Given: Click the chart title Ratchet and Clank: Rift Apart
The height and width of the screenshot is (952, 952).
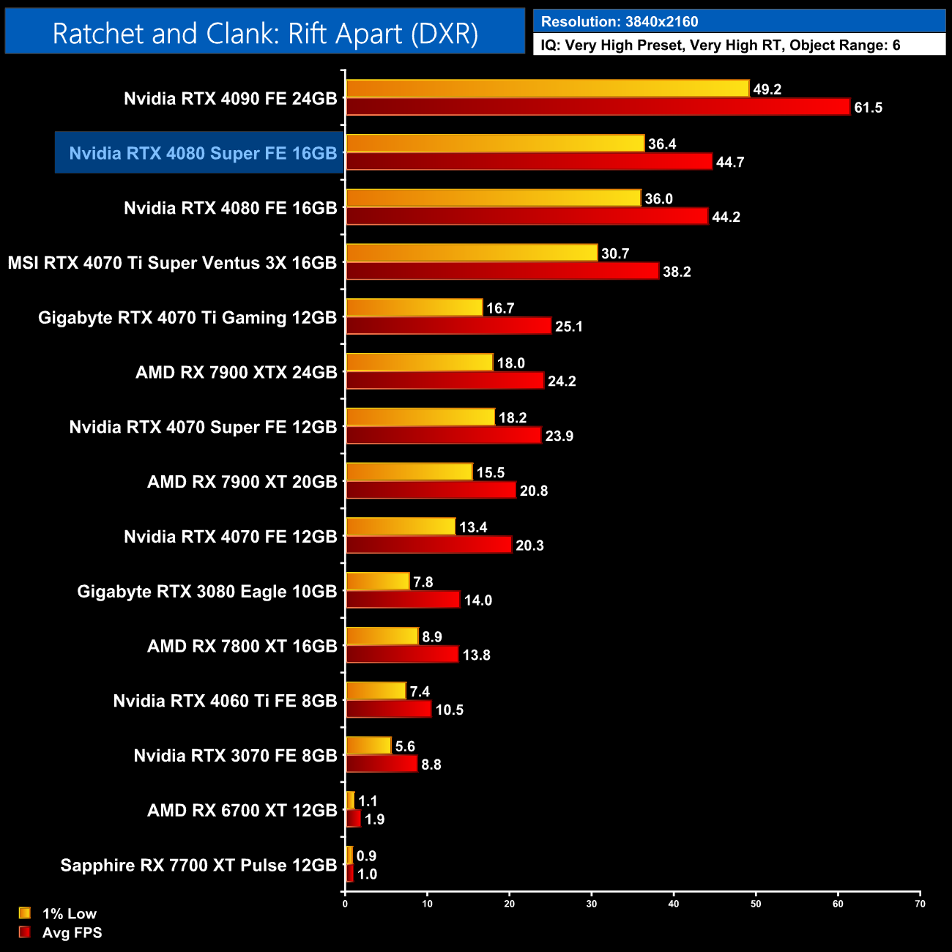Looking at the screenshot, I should [265, 34].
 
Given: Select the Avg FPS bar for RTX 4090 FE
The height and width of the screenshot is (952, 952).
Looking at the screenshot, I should [598, 107].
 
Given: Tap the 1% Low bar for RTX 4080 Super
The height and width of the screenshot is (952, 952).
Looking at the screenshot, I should [495, 144].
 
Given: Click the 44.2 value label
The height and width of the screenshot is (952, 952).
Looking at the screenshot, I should [726, 217].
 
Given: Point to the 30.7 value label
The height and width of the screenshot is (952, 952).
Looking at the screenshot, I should [615, 253].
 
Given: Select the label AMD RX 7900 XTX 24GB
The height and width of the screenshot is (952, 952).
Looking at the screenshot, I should [236, 373].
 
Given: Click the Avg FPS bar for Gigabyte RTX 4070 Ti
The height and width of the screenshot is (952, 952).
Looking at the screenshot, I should [448, 326].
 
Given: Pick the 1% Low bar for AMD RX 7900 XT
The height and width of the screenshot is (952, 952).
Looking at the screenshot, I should [409, 472].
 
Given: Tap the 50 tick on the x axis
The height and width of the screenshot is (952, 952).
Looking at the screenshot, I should [756, 903].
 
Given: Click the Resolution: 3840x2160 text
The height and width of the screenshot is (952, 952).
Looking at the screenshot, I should [620, 22].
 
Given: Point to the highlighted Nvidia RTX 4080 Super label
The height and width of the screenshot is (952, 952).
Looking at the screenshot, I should [203, 153].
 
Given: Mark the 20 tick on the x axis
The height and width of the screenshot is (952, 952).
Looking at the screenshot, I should [510, 903].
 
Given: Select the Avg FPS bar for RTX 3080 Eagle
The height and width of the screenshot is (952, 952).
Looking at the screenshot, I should [403, 600].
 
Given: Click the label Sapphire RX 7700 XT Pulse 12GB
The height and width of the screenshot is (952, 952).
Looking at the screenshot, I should [198, 866].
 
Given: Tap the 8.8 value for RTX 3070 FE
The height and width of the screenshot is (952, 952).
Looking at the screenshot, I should [431, 765].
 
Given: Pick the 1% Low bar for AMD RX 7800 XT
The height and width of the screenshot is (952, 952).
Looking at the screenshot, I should [382, 636].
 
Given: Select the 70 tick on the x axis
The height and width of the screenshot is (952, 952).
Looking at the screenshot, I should [920, 903].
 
